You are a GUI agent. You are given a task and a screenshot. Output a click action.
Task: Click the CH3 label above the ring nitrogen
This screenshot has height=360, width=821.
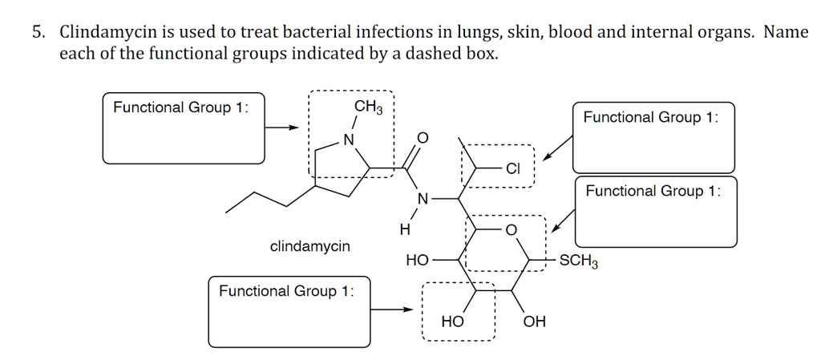(369, 108)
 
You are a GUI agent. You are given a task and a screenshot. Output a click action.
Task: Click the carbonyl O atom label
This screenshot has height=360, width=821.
(423, 140)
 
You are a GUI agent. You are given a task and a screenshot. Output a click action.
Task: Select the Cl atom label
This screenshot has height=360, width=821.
(514, 169)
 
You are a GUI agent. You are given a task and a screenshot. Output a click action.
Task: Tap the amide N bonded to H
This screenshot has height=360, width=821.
(423, 198)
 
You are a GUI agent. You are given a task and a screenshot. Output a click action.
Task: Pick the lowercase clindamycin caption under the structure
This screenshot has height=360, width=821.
(310, 246)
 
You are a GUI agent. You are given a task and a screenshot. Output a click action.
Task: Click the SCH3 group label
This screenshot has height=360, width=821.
(578, 261)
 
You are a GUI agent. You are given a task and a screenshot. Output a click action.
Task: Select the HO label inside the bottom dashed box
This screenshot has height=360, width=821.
(452, 322)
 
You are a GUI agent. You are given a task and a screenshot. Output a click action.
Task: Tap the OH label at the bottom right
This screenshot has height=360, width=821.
(534, 322)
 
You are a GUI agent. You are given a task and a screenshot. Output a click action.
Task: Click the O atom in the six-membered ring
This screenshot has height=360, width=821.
(512, 231)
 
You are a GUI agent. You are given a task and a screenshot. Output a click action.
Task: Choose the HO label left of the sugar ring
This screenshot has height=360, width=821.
(417, 261)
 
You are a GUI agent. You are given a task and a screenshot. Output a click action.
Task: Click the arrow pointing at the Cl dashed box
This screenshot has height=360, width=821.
(557, 148)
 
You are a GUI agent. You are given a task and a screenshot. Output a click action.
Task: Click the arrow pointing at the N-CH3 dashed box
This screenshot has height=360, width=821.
(282, 127)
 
